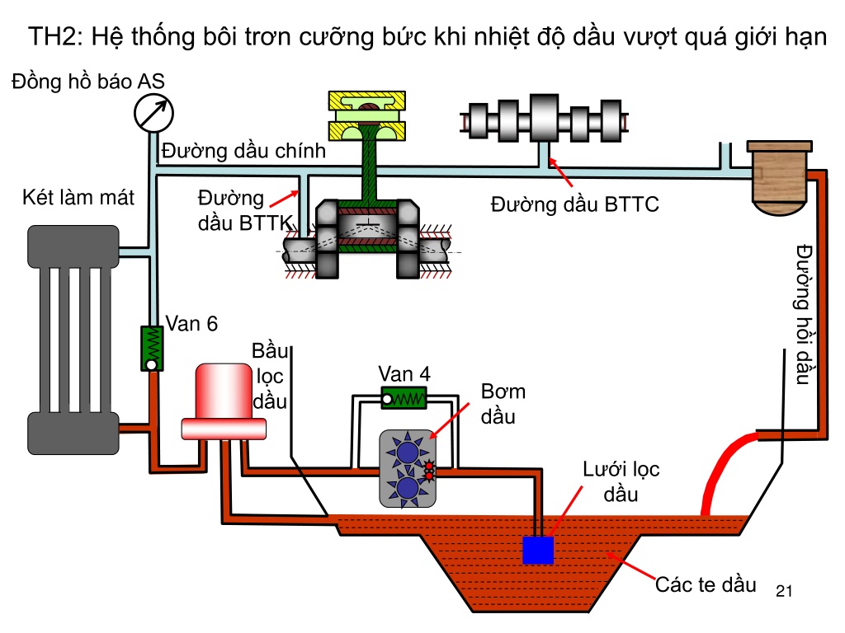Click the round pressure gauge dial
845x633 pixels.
tap(153, 113)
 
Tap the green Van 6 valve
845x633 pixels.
tap(152, 349)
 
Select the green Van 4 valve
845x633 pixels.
tap(404, 398)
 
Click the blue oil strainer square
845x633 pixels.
tap(538, 550)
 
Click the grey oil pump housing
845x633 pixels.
tap(408, 469)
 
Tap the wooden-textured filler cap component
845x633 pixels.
tap(779, 178)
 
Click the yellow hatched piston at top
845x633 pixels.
tap(367, 115)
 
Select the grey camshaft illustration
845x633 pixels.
tap(545, 120)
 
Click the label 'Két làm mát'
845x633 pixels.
tap(78, 198)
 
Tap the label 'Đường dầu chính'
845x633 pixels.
tap(243, 151)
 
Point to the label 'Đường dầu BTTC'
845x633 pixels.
tap(574, 204)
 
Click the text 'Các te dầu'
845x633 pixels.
tap(706, 584)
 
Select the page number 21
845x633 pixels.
tap(784, 591)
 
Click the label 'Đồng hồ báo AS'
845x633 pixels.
tap(87, 82)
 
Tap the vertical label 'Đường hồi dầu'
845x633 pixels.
tap(804, 314)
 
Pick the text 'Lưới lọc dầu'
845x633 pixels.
tap(621, 481)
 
